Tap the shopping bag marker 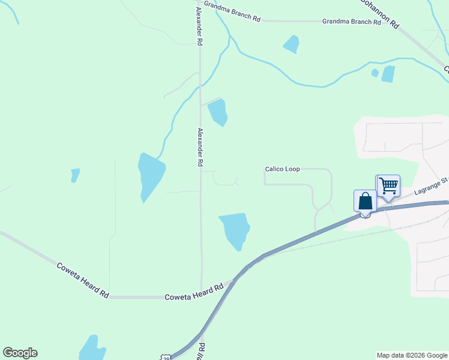click(365, 201)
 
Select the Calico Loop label click(282, 169)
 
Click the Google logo click(20, 353)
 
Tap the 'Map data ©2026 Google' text click(412, 355)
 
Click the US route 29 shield click(166, 357)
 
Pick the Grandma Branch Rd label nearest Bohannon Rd click(351, 22)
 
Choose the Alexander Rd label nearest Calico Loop click(200, 147)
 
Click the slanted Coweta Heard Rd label click(82, 280)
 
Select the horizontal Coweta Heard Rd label click(194, 292)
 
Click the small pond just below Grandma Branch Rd click(292, 43)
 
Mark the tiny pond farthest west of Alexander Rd click(75, 175)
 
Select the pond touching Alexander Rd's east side click(218, 112)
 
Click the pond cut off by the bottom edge click(92, 349)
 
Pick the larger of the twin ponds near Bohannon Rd click(388, 74)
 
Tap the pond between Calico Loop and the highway click(235, 229)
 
